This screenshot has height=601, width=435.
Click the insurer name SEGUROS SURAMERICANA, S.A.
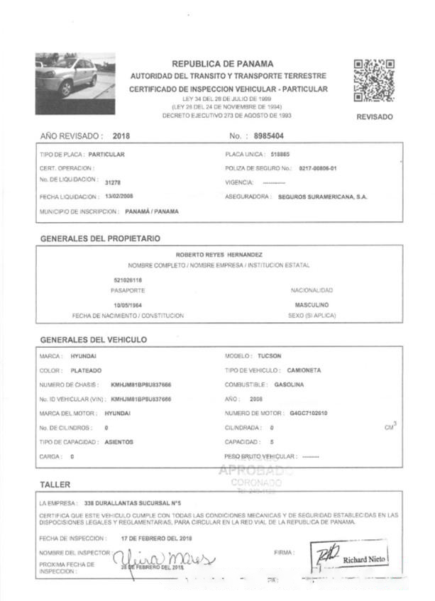click(x=323, y=197)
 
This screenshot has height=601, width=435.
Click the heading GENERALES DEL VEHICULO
click(x=94, y=339)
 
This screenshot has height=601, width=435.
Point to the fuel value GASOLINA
click(x=290, y=384)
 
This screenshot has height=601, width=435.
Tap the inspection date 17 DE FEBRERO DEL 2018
click(x=158, y=539)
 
